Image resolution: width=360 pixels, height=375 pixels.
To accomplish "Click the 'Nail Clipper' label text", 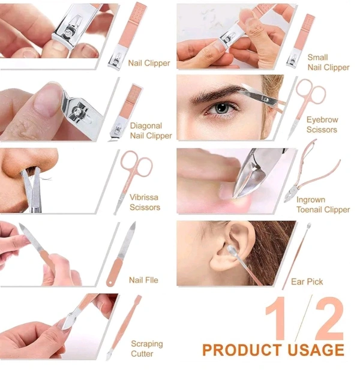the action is click(x=149, y=63).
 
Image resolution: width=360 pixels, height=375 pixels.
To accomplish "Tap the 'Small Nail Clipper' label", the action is click(x=328, y=62).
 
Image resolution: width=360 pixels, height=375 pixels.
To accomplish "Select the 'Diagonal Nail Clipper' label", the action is click(x=151, y=131).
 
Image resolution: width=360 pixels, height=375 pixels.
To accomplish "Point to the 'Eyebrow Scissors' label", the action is click(x=322, y=125).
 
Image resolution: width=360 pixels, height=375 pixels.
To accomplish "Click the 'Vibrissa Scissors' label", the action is click(x=145, y=202).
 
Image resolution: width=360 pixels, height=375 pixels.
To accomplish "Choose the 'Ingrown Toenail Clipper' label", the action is click(x=323, y=205).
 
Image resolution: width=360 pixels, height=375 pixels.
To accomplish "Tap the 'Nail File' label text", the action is click(x=143, y=280).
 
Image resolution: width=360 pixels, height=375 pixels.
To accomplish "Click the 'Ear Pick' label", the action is click(x=307, y=282).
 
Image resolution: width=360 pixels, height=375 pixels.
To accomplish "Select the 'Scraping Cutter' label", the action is click(x=146, y=349).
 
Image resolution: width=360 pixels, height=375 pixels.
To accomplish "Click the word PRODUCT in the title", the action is click(x=242, y=350).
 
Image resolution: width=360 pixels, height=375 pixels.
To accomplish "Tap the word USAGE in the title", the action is click(x=316, y=350).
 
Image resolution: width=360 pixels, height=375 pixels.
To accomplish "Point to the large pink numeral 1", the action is click(x=278, y=319).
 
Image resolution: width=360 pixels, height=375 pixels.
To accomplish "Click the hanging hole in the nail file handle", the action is click(x=110, y=283).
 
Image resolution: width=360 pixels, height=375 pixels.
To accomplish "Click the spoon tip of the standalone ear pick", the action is click(x=309, y=226).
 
